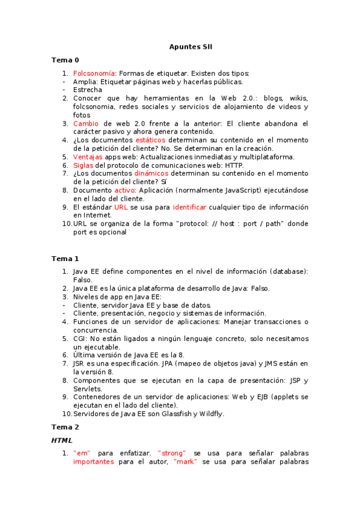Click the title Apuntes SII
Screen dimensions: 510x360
coord(191,46)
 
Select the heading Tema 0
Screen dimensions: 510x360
coord(65,60)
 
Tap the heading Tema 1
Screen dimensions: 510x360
coord(65,259)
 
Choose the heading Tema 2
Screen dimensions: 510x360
coord(65,427)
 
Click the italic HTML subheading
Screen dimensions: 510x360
coord(62,440)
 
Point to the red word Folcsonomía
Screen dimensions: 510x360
coord(94,73)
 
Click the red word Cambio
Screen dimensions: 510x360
coord(87,123)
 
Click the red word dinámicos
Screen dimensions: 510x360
coord(151,173)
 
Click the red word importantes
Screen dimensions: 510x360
coord(93,462)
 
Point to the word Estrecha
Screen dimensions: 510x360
coord(88,90)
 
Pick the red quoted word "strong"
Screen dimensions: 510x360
coord(172,453)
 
